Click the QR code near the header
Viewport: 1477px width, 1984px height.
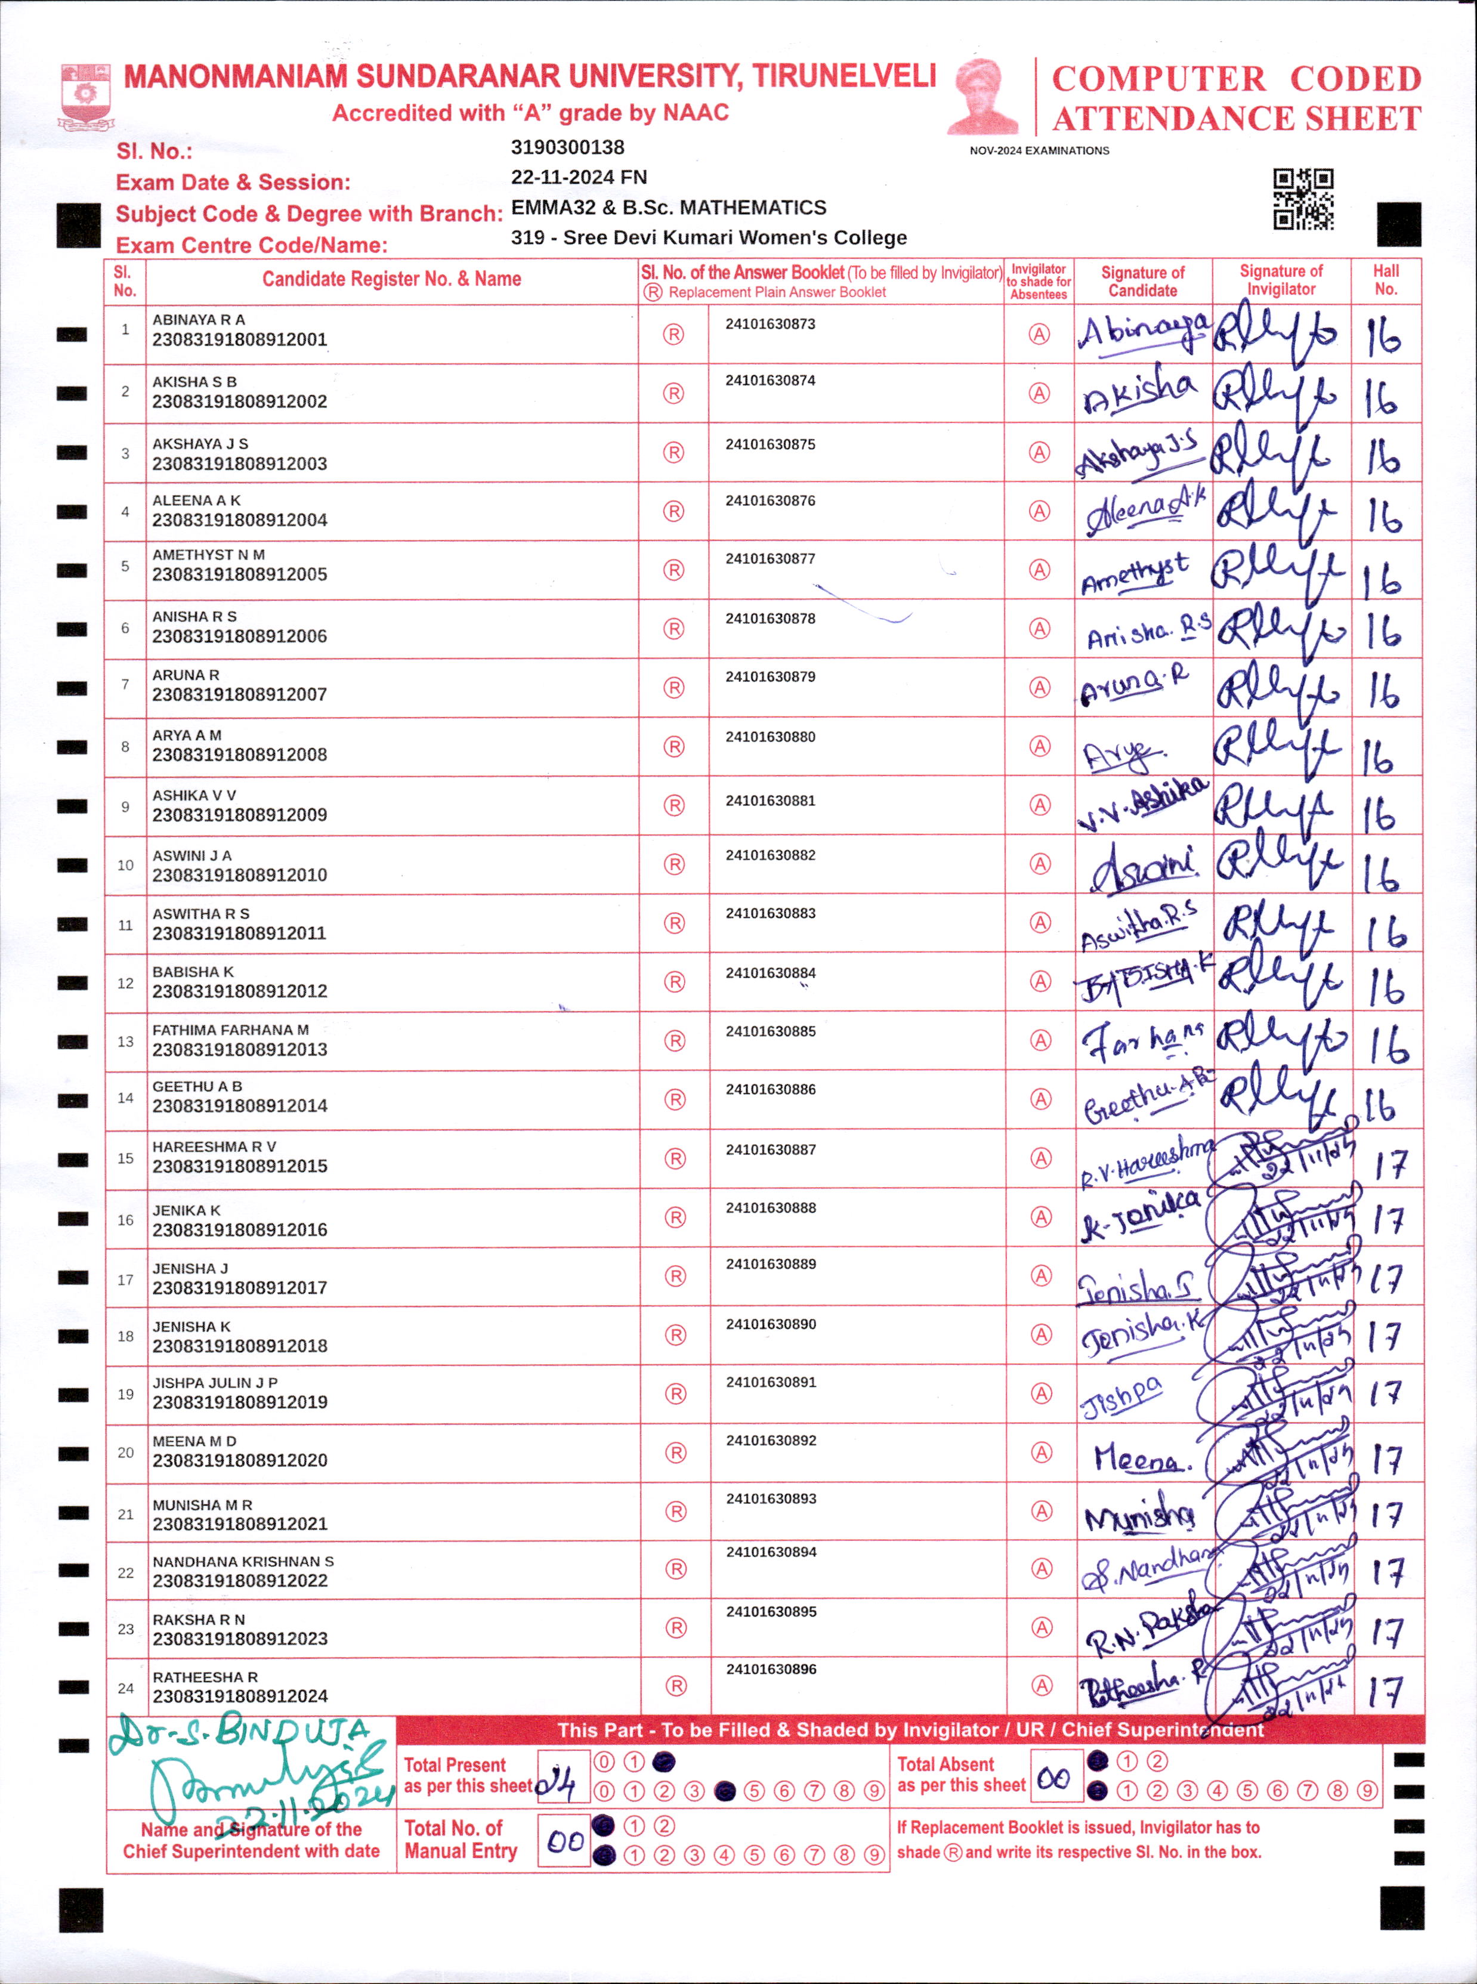(x=1303, y=199)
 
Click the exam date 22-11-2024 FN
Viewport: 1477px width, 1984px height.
(x=579, y=177)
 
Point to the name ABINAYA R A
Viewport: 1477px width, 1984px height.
(x=199, y=319)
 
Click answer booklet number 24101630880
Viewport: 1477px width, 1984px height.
(x=770, y=737)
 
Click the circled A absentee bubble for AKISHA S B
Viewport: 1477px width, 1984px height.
(x=1039, y=394)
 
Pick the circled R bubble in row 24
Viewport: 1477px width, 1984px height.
(x=676, y=1685)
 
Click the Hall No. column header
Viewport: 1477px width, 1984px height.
(x=1385, y=280)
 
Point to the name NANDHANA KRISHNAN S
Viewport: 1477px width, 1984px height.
(x=243, y=1561)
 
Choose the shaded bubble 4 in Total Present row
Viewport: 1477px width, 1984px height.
(x=725, y=1791)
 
